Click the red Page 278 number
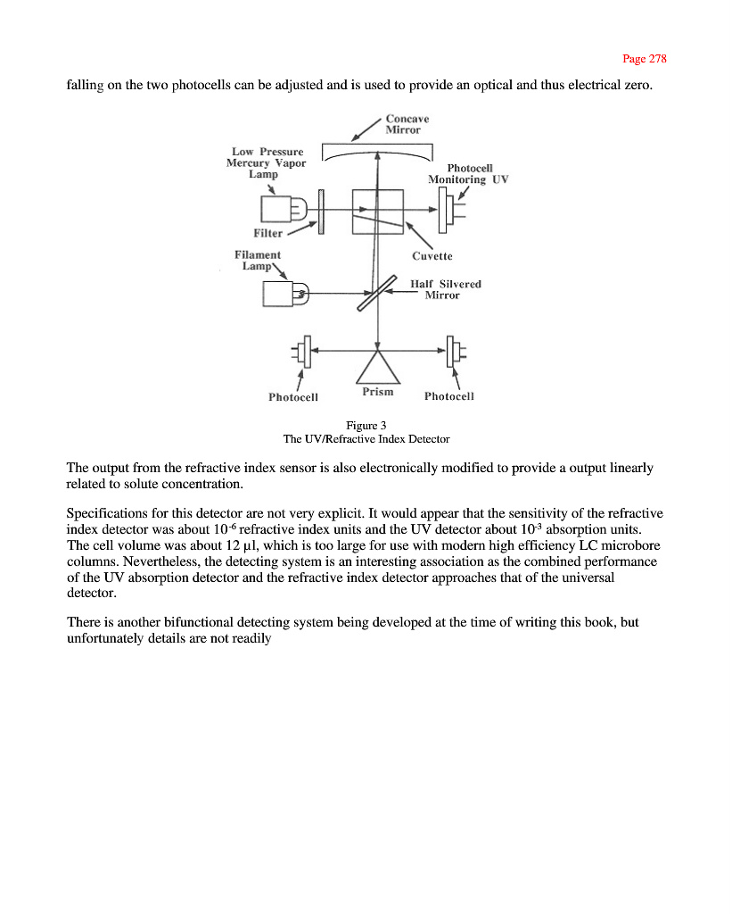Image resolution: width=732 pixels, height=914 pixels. click(644, 59)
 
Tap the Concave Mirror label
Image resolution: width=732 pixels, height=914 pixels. click(407, 124)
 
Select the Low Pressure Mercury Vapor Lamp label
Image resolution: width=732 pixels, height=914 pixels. click(266, 163)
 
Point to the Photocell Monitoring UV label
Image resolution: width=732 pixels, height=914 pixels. click(468, 174)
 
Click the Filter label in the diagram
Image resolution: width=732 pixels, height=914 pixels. click(268, 234)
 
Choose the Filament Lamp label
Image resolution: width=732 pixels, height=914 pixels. click(258, 261)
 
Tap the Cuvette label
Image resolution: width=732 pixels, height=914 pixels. click(432, 256)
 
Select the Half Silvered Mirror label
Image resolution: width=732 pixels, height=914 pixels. click(445, 289)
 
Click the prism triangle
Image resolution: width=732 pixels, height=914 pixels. click(379, 367)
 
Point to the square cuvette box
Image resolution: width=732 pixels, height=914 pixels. click(379, 212)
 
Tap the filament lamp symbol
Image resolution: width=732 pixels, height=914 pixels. click(284, 292)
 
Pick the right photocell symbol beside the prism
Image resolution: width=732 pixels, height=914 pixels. click(454, 351)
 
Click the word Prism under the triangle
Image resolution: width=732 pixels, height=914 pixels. click(378, 392)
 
